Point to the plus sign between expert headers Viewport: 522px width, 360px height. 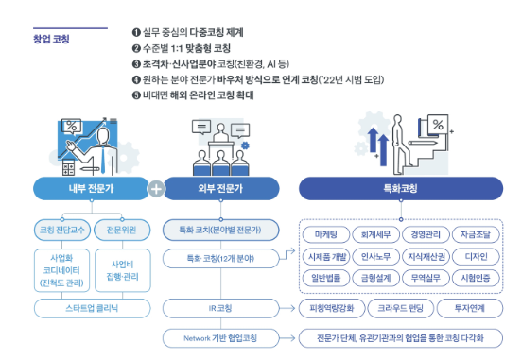click(x=157, y=188)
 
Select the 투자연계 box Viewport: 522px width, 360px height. click(x=473, y=308)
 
